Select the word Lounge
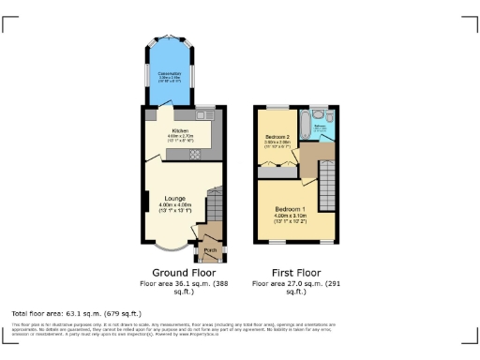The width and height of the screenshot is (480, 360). (x=174, y=198)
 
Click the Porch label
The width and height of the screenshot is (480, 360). (x=211, y=249)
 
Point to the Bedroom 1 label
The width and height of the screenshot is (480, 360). (x=290, y=208)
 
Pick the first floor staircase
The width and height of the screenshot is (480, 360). (x=327, y=178)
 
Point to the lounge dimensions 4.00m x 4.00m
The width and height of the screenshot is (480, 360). (x=174, y=204)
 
